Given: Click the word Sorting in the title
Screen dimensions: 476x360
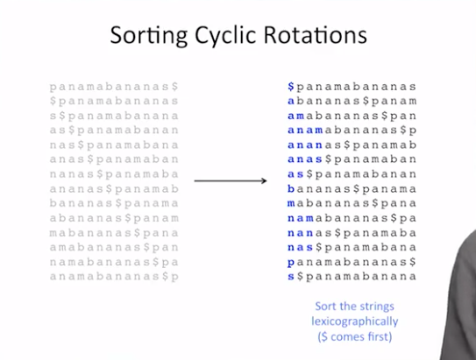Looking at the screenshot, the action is (148, 36).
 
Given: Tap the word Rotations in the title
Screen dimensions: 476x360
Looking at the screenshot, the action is (316, 35).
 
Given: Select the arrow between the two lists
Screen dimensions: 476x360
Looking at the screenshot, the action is (231, 181).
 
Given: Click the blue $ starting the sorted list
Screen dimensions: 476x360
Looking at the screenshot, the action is (291, 87).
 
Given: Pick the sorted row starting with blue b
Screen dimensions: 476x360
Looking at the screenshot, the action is (352, 189).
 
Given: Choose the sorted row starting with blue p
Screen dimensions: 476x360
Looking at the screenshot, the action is (352, 262).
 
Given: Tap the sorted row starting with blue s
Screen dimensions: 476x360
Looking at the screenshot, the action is (352, 277).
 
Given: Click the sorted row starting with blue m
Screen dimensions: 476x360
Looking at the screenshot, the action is (352, 203).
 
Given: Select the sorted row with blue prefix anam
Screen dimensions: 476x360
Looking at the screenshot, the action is (352, 131).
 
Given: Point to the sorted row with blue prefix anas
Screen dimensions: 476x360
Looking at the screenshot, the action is (352, 159).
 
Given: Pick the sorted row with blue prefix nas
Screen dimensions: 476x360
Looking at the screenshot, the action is (352, 248).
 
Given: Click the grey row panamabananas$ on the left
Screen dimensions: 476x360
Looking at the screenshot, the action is (114, 87).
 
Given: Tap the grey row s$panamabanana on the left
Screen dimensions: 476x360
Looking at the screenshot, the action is (114, 116).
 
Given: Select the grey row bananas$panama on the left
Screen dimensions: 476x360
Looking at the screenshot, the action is (114, 203).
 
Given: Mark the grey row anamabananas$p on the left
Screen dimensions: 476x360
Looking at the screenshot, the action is (114, 277).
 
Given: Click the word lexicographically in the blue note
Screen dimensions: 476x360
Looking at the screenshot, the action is (354, 321).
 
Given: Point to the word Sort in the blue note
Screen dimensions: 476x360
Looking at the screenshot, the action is (325, 307).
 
